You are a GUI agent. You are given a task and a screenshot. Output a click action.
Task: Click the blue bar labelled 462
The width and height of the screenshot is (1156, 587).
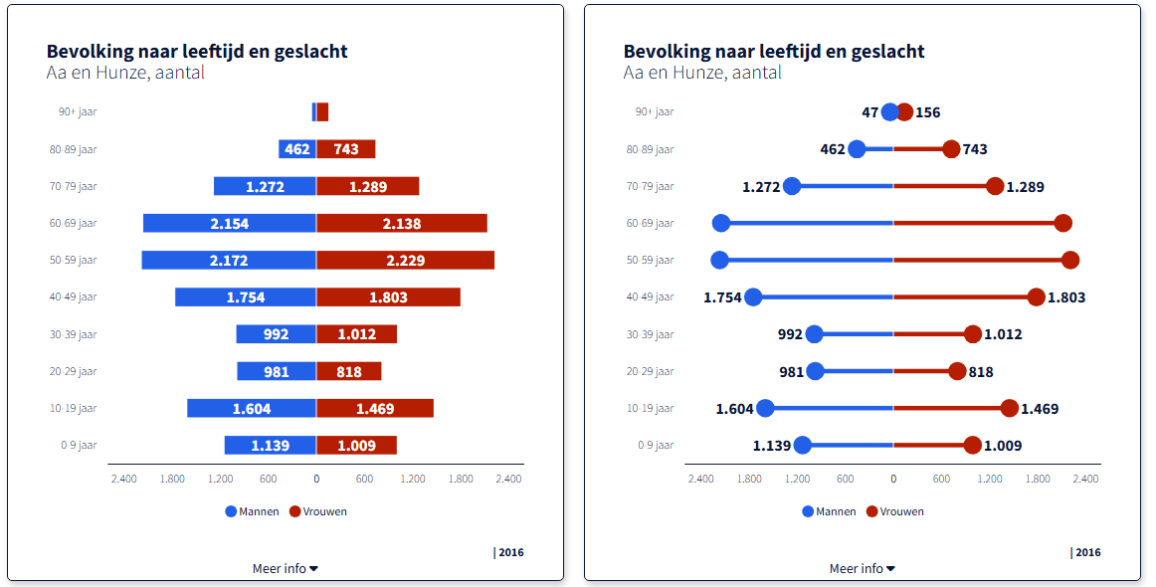[296, 149]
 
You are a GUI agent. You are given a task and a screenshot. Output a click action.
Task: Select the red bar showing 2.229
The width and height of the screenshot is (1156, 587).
[405, 260]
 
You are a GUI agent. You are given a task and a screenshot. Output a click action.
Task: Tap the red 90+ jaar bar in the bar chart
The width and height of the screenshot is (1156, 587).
[322, 112]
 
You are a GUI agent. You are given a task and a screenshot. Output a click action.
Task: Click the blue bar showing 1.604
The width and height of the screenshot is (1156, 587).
[251, 408]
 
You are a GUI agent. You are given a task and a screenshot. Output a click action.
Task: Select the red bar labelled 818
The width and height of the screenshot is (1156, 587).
[348, 371]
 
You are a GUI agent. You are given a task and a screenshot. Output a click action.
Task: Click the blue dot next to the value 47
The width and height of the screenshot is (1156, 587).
[890, 112]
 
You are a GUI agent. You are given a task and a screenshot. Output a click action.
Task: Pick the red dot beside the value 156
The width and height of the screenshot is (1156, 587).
[904, 112]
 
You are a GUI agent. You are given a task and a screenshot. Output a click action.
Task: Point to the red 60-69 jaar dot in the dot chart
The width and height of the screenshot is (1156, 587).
[1063, 223]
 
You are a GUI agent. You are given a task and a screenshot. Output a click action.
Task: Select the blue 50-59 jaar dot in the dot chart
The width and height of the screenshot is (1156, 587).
[720, 260]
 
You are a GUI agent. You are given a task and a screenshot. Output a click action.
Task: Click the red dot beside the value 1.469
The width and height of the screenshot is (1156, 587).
[1010, 408]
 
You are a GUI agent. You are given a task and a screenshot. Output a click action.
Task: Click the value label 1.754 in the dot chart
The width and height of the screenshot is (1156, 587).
[722, 297]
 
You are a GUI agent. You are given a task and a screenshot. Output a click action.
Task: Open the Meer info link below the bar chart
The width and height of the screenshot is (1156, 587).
[285, 569]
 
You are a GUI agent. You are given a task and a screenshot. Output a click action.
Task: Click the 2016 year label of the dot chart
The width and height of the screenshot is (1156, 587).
[1087, 552]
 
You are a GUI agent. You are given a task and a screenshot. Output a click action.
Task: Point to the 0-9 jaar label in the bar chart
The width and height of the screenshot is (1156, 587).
[79, 446]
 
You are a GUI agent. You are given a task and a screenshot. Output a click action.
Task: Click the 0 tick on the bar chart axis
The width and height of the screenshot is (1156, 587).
[316, 479]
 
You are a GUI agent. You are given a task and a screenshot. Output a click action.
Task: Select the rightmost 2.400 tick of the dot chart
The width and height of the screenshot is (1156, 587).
[1085, 479]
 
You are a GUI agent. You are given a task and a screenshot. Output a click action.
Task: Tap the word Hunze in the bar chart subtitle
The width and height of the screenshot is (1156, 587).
[118, 73]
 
